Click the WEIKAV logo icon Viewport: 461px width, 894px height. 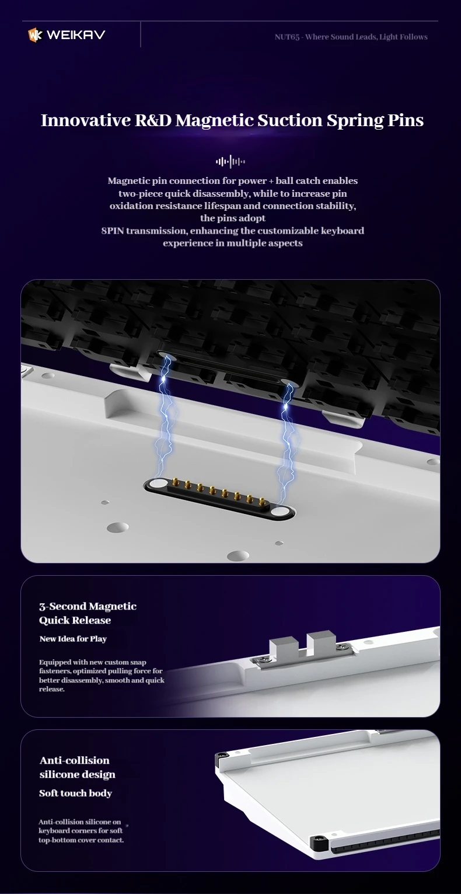35,35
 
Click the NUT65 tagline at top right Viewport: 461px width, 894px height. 351,37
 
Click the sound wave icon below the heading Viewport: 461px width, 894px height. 230,162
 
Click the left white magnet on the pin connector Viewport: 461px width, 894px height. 158,484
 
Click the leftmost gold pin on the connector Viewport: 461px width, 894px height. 175,483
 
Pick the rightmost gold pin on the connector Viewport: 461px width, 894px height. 262,501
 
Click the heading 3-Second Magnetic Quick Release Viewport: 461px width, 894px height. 88,613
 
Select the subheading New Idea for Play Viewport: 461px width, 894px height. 73,639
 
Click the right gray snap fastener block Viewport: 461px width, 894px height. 322,641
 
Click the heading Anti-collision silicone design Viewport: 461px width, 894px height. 78,767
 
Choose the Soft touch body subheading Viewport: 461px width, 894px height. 75,793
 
